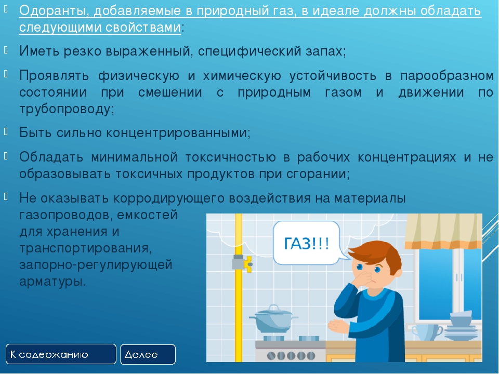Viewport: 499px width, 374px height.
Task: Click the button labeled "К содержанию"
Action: pos(61,354)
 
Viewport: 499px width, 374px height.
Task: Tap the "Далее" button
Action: pos(148,354)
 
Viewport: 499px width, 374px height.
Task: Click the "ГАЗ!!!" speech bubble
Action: pos(306,243)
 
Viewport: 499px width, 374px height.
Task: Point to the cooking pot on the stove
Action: pos(273,318)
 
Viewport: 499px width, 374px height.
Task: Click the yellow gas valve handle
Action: pos(248,264)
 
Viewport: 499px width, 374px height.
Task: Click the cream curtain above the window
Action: pos(443,231)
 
